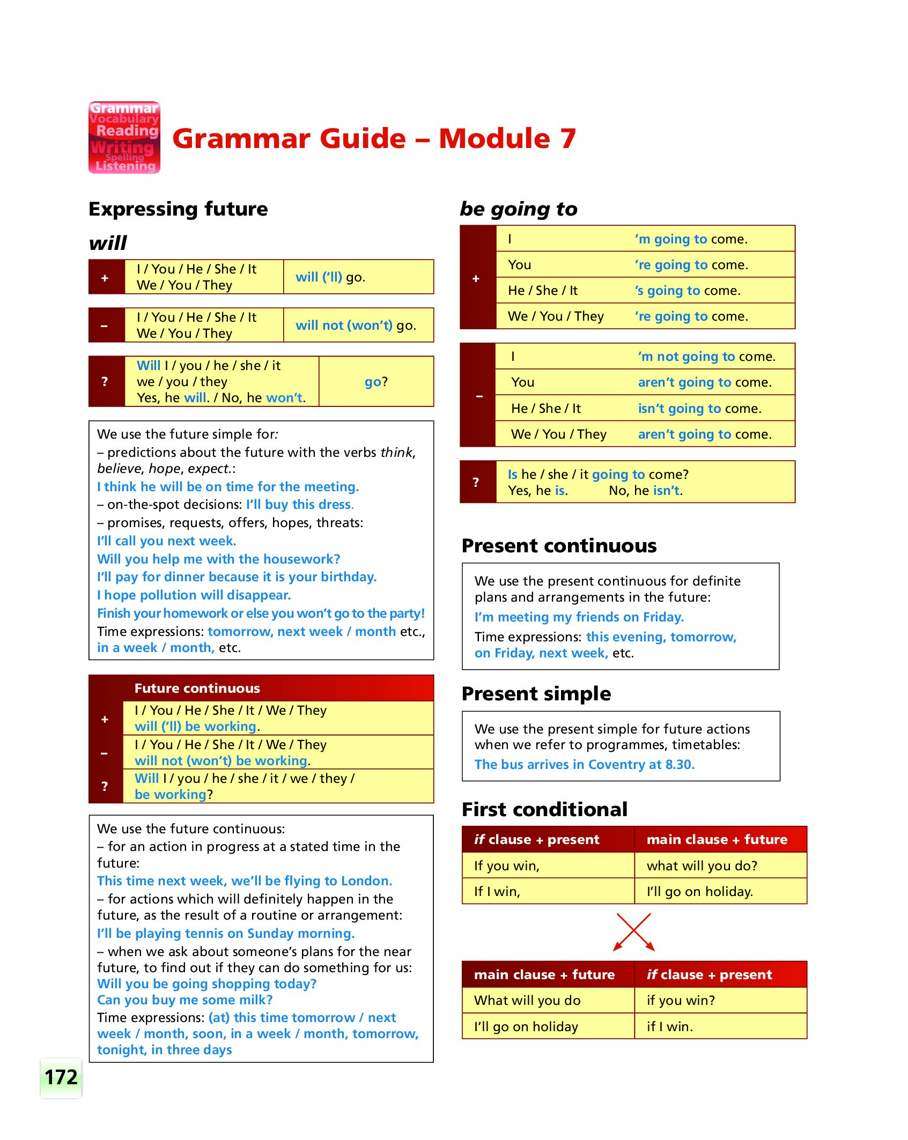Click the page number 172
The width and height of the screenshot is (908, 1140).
(61, 1077)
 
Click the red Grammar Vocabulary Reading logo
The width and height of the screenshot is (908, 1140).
(124, 138)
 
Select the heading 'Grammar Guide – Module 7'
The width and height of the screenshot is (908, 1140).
(374, 138)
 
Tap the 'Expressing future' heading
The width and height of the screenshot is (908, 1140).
(178, 209)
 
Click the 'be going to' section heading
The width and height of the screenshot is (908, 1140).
(519, 209)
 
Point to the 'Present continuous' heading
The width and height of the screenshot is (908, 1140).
(559, 545)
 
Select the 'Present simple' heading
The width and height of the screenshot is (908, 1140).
(536, 693)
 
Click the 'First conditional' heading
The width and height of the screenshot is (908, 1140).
(544, 809)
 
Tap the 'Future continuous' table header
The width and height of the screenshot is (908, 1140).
(197, 688)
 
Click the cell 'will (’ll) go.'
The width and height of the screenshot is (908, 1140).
(330, 277)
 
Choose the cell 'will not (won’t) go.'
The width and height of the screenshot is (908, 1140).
(356, 325)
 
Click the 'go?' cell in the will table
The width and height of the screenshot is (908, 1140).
(376, 382)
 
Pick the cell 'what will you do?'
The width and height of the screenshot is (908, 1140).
(702, 865)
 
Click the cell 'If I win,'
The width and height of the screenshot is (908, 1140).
(497, 891)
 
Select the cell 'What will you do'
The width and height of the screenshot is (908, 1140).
(527, 1000)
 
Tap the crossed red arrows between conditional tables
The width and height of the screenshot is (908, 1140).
(634, 932)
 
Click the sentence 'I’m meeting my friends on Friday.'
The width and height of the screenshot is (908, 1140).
(579, 617)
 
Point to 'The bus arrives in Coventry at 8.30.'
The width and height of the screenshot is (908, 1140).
(584, 764)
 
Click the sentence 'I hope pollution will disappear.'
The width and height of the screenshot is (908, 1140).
(194, 595)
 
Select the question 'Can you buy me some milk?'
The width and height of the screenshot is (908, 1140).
(184, 1000)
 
